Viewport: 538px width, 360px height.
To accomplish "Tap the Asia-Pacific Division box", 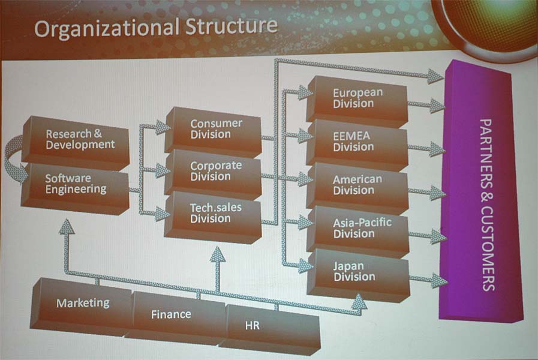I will point(357,228).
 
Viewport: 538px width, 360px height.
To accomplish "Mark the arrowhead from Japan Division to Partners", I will point(438,280).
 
